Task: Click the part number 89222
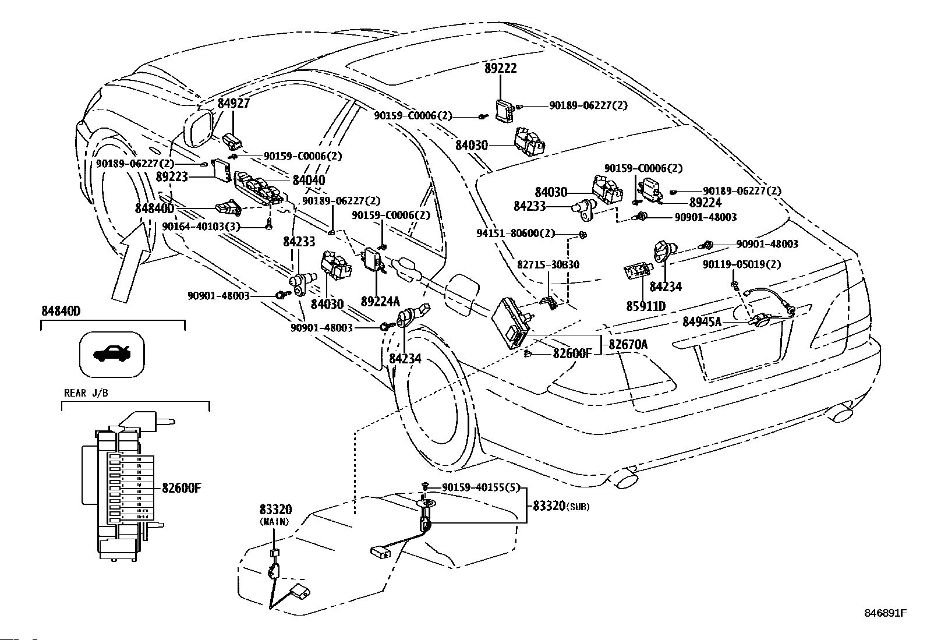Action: coord(501,68)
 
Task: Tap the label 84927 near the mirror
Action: coord(234,103)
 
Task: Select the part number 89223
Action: coord(172,177)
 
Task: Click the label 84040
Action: coord(309,181)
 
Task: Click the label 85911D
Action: coord(646,306)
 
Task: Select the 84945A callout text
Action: coord(702,321)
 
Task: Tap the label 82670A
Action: coord(628,344)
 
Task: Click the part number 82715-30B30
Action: coord(548,264)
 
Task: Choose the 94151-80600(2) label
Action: coord(516,234)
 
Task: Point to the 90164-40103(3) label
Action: coord(201,227)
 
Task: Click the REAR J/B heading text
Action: coord(86,393)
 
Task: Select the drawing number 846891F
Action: coord(885,613)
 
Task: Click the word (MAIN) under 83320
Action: coord(275,522)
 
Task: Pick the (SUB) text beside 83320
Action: coord(578,507)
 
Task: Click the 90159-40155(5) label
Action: coord(480,487)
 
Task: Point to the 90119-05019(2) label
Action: coord(742,264)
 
